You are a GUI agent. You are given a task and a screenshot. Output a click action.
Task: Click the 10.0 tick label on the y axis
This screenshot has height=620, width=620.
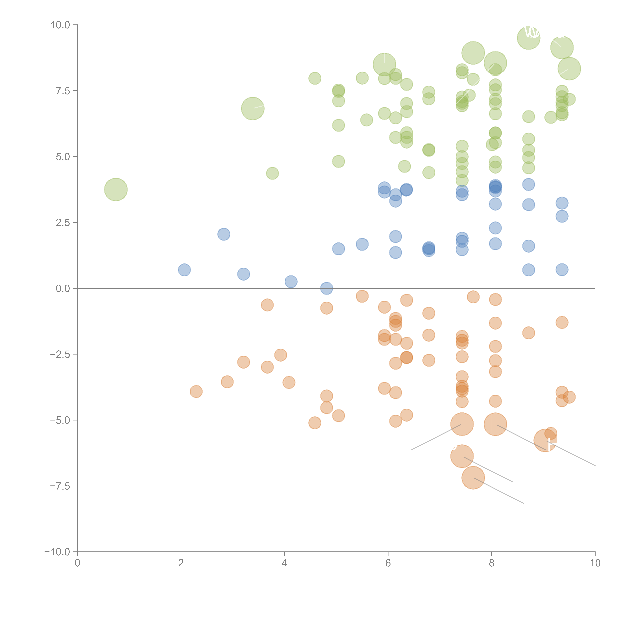[60, 25]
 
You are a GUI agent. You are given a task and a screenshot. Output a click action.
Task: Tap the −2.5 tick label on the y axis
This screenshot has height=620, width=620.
[60, 354]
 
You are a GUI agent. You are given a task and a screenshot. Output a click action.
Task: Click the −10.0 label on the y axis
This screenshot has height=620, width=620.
[57, 552]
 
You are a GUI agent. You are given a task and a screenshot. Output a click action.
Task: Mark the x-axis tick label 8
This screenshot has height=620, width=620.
[492, 563]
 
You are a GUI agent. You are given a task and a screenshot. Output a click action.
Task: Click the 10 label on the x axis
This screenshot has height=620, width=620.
[595, 563]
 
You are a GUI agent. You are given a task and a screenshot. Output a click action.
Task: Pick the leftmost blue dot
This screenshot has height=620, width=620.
[184, 270]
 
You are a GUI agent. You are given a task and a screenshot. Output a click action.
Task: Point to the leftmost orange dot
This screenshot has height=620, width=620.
[196, 391]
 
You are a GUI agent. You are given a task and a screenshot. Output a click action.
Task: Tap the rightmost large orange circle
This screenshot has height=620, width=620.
[545, 440]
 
